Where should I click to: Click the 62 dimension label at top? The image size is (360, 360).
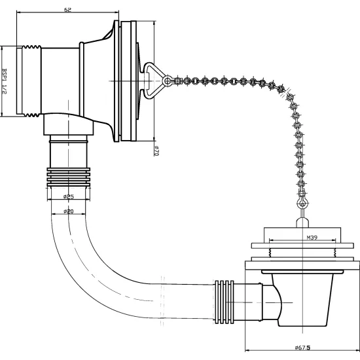(x=67, y=10)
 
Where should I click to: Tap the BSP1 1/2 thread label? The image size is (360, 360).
(x=4, y=81)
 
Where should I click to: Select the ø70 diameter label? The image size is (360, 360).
(x=156, y=151)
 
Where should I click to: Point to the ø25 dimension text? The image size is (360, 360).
(x=69, y=196)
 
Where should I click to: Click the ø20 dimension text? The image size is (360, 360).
(x=69, y=211)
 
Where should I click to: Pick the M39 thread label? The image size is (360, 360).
(x=312, y=238)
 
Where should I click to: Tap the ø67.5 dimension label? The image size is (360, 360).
(x=302, y=348)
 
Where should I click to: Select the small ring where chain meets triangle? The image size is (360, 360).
(x=168, y=81)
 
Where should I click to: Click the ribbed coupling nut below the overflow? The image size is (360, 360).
(x=69, y=177)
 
